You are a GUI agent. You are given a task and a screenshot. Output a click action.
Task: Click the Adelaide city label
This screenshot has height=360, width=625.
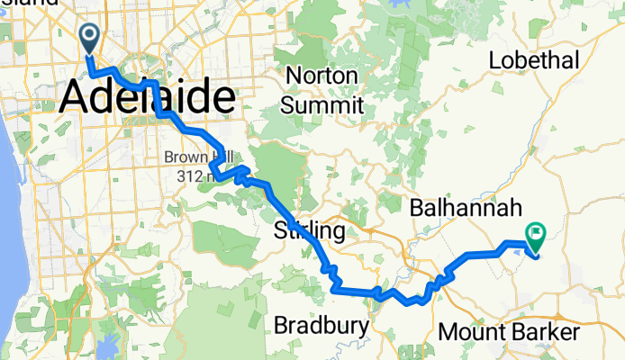[x=149, y=98]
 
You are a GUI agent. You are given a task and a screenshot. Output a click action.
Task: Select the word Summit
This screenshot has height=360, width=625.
[x=322, y=105]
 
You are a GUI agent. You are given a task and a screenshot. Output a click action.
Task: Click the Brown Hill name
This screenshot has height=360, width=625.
[x=186, y=157]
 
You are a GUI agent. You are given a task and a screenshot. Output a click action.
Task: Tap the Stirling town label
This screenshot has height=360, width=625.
[x=308, y=232]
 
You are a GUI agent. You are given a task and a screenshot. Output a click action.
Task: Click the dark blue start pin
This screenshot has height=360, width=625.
[x=91, y=38]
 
